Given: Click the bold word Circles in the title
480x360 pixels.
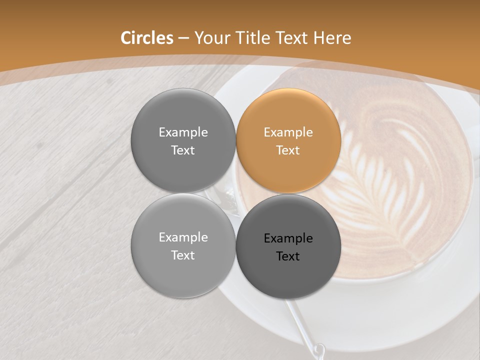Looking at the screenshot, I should click(x=146, y=38).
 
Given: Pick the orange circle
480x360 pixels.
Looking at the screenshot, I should click(x=288, y=140).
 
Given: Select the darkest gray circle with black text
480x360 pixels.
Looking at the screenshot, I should click(x=288, y=246).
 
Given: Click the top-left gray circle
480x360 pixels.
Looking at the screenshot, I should click(x=183, y=140).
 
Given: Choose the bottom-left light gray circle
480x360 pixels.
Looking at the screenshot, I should click(x=183, y=245).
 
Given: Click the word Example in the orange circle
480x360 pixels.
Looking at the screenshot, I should click(x=288, y=132).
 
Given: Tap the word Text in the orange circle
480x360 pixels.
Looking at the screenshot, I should click(x=288, y=150).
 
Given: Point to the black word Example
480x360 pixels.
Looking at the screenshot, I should click(x=288, y=238).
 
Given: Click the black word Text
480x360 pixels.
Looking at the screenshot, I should click(x=288, y=256).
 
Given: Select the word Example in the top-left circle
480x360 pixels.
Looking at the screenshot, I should click(x=183, y=132).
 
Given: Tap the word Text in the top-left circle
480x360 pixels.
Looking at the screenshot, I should click(x=183, y=150).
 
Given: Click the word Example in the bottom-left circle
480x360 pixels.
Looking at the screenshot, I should click(x=183, y=237).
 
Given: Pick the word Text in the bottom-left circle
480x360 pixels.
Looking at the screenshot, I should click(x=183, y=255).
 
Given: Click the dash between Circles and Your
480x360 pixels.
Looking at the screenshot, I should click(x=183, y=38).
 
